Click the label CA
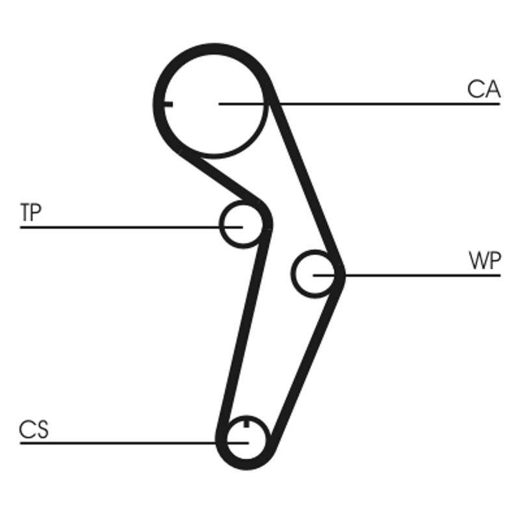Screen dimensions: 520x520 click(x=484, y=89)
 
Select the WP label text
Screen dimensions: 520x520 click(x=484, y=261)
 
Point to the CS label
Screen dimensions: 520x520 click(x=34, y=430)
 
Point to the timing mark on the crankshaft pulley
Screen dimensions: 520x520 click(x=247, y=423)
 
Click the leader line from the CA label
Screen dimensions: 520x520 click(x=390, y=103)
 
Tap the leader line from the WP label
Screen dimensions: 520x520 click(x=422, y=275)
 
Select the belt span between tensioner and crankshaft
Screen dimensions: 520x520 click(x=243, y=331)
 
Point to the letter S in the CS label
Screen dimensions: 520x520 click(x=42, y=430)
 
